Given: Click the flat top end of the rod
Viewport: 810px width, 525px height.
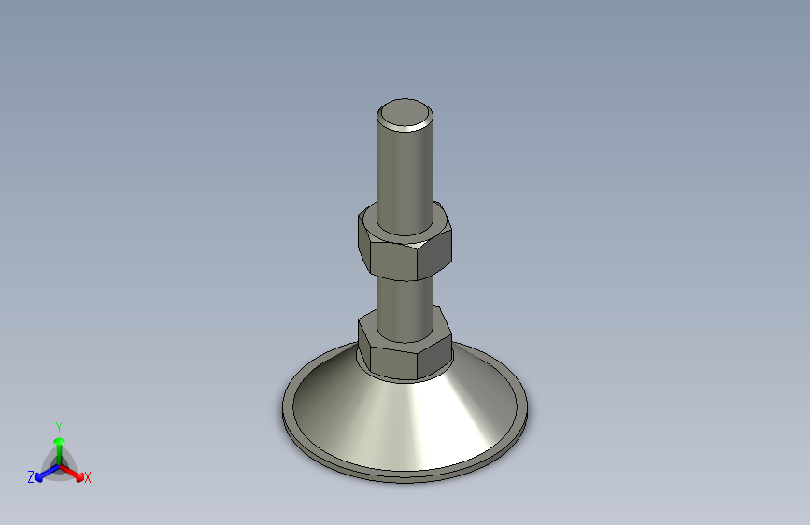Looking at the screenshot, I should [x=405, y=114].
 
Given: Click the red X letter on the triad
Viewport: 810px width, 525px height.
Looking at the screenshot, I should [x=88, y=477].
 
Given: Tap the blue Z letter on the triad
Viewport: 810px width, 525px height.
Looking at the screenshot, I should [x=31, y=477].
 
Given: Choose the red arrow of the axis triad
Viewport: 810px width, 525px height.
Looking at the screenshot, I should [x=75, y=471].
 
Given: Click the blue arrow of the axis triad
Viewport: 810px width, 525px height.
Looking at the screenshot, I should [x=43, y=473].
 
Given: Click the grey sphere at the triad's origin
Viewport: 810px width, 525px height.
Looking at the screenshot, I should [x=58, y=463].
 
